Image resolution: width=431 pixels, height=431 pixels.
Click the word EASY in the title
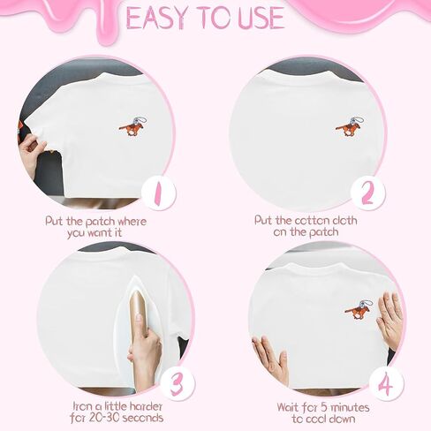(159, 17)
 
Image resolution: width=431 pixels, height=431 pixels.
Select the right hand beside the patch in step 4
(390, 320)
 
